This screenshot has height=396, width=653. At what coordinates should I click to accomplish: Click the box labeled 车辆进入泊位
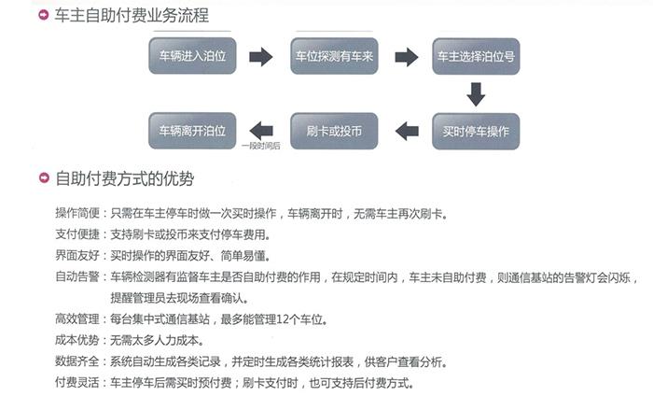pos(192,56)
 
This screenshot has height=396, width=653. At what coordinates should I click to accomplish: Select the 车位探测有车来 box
pos(334,56)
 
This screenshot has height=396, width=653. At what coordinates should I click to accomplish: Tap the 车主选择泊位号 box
pos(476,56)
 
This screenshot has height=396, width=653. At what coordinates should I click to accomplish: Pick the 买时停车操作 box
pos(476,132)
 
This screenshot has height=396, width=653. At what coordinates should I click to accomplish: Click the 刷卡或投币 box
pos(334,131)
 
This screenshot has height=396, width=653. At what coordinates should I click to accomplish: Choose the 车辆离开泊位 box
pos(192,131)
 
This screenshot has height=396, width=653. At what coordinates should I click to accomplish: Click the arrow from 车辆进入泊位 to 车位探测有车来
pos(260,57)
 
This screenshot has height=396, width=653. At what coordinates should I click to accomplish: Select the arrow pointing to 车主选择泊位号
pos(407,57)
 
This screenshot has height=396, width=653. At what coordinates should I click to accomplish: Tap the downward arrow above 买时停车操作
pos(476,93)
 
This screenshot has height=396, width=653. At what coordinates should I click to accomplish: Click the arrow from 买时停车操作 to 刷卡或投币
pos(407,132)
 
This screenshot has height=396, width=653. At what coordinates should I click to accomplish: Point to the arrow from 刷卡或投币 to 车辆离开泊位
pos(261,131)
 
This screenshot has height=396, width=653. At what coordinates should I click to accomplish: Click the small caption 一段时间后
pos(261,146)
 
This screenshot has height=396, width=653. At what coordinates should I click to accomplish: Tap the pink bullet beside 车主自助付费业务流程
pos(43,15)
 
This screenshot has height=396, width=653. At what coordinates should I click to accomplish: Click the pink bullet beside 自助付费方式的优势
pos(44,178)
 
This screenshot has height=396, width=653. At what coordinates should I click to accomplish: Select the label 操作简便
pos(77,213)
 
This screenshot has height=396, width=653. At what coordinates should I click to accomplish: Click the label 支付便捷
pos(77,234)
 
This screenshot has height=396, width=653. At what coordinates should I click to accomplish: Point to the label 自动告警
pos(77,276)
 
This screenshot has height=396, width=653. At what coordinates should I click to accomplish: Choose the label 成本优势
pos(77,340)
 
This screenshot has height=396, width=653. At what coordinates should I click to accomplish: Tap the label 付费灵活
pos(77,382)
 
